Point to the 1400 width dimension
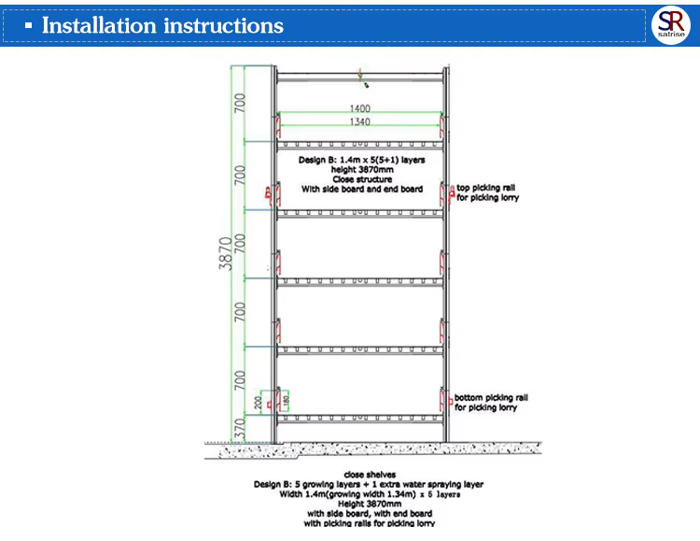tap(360, 109)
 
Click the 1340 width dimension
tap(360, 122)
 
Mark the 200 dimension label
tap(258, 404)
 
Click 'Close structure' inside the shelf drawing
tap(361, 179)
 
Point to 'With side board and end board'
tap(361, 189)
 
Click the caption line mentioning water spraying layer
tap(368, 484)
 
